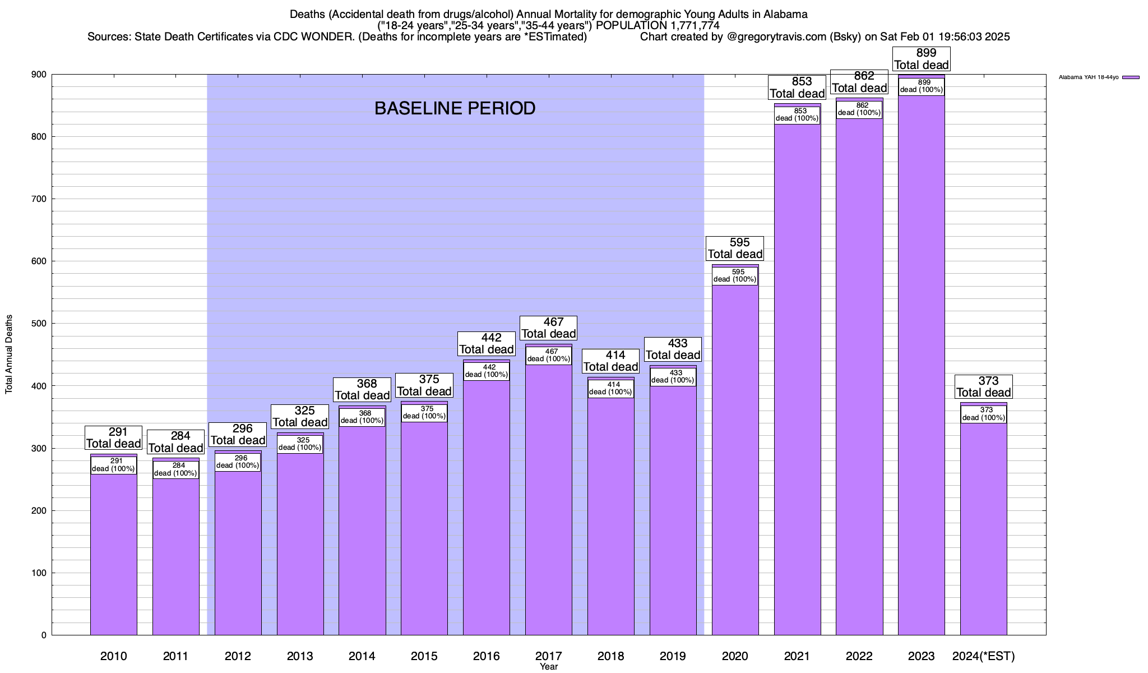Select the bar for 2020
pos(735,460)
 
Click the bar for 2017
pos(549,499)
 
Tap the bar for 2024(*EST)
pos(983,527)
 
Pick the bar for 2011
pos(176,555)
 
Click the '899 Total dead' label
pos(922,59)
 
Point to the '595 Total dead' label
pos(735,248)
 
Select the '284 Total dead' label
pos(176,442)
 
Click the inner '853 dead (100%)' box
pos(797,115)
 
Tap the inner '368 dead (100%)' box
pos(362,417)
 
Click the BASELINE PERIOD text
pos(455,108)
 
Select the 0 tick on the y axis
pos(43,635)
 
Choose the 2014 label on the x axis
pos(362,656)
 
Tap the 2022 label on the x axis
pos(859,656)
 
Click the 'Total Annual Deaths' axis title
pos(9,354)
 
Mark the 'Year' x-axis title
pos(549,667)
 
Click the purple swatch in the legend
pos(1131,77)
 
